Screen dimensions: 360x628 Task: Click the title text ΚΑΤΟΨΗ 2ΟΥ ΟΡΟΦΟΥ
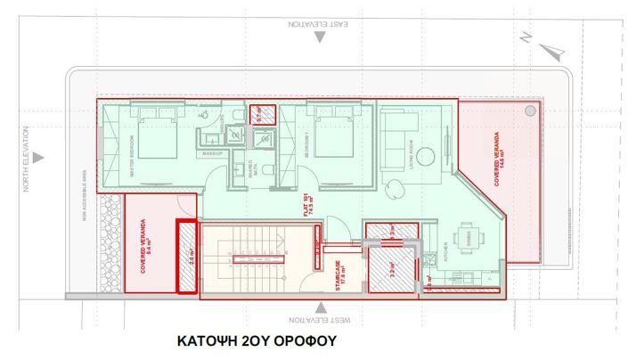tap(257, 341)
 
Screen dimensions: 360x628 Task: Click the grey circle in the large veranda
tap(531, 110)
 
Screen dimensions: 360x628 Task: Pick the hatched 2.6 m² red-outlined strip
tap(187, 257)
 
